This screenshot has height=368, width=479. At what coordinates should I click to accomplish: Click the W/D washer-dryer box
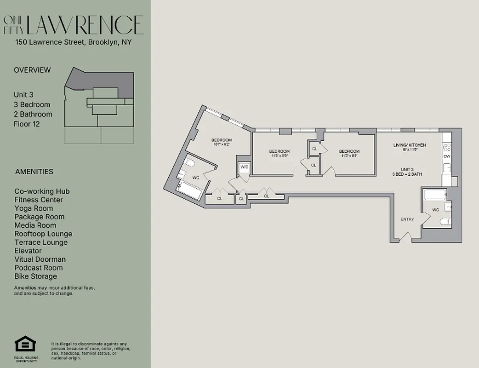coord(244,169)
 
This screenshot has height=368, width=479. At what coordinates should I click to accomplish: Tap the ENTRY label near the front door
coord(407,219)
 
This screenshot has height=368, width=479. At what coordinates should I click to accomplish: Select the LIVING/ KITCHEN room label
coord(409,145)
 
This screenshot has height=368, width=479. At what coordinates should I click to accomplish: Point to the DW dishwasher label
coord(446,157)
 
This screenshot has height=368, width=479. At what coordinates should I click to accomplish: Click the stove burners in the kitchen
coord(446,148)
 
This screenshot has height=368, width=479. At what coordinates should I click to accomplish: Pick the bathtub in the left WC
coord(188,190)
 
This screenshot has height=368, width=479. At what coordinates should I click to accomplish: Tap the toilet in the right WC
coord(445,222)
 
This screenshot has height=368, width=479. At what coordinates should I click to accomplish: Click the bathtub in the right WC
coord(433,195)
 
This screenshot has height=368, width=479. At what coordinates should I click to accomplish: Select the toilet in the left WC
coord(190,164)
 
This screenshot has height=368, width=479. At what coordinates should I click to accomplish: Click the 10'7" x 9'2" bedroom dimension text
coord(222,144)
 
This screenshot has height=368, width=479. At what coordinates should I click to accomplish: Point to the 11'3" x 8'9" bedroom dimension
coord(349,155)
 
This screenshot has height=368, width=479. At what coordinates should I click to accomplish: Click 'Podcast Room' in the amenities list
coord(39,268)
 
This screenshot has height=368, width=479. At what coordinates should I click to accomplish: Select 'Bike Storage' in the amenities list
coord(36,276)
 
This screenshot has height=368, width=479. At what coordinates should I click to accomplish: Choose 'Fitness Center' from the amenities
coord(39,200)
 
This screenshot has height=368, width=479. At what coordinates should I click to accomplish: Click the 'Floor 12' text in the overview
coord(27,124)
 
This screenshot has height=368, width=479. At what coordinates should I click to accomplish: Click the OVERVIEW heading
coord(32,70)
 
